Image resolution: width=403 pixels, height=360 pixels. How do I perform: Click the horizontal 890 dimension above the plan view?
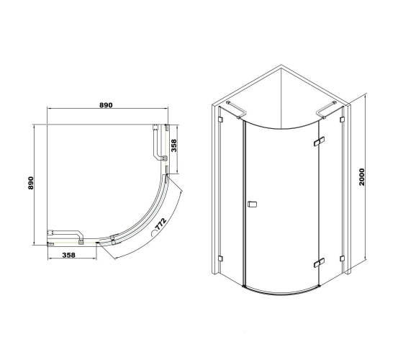click(x=106, y=105)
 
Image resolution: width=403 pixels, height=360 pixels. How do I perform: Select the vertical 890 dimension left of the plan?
click(x=30, y=183)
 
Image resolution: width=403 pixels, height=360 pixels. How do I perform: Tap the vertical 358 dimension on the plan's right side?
click(x=174, y=145)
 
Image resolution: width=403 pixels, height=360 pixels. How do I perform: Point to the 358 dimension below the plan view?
click(x=69, y=255)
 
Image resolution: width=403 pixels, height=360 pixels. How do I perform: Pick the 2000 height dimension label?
click(x=362, y=177)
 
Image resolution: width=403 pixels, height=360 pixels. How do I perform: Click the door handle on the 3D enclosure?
click(x=252, y=204)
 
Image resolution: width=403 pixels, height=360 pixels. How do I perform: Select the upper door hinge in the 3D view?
click(x=319, y=141)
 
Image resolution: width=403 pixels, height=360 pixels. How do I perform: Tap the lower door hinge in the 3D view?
click(x=319, y=263)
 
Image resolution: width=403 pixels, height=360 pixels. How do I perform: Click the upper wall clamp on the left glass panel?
click(x=220, y=120)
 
